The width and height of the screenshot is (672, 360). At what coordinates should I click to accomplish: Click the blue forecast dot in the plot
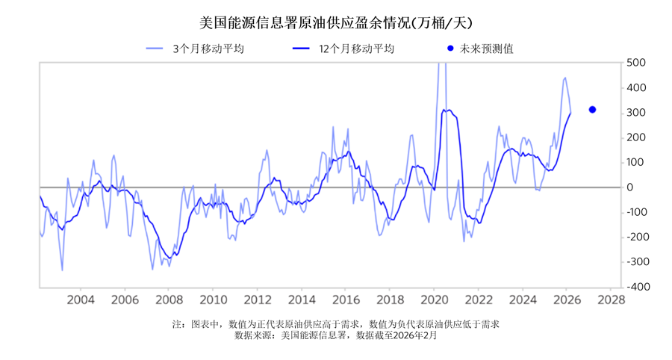pos(592,110)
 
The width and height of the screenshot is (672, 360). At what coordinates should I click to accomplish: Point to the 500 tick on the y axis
pos(636,63)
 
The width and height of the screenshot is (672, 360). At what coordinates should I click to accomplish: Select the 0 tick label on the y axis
pos(631,187)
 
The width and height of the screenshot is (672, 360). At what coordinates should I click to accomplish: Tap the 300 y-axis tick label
pos(636,113)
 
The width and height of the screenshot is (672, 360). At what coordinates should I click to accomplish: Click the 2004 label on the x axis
pos(81,300)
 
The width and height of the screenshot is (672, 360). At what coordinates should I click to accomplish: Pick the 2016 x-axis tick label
pos(346,300)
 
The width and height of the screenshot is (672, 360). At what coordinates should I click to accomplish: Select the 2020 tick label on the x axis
pos(434,300)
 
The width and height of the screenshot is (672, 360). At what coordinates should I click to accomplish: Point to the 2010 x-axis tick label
pos(213,300)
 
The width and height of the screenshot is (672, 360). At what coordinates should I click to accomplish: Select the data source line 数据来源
pos(335,336)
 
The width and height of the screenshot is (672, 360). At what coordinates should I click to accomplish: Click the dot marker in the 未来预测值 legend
pos(449,49)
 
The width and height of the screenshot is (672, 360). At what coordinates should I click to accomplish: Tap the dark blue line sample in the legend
pos(302,49)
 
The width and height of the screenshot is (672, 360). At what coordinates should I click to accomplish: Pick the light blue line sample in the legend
pos(155,49)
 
